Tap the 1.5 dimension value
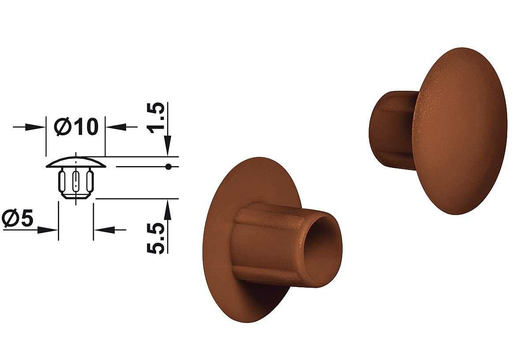pos(156,118)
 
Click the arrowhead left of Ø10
pos(36,127)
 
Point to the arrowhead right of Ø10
pos(115,127)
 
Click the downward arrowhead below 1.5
pos(168,146)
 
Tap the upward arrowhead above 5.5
pos(168,209)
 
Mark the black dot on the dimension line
pos(168,167)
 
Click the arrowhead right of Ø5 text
pos(48,230)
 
